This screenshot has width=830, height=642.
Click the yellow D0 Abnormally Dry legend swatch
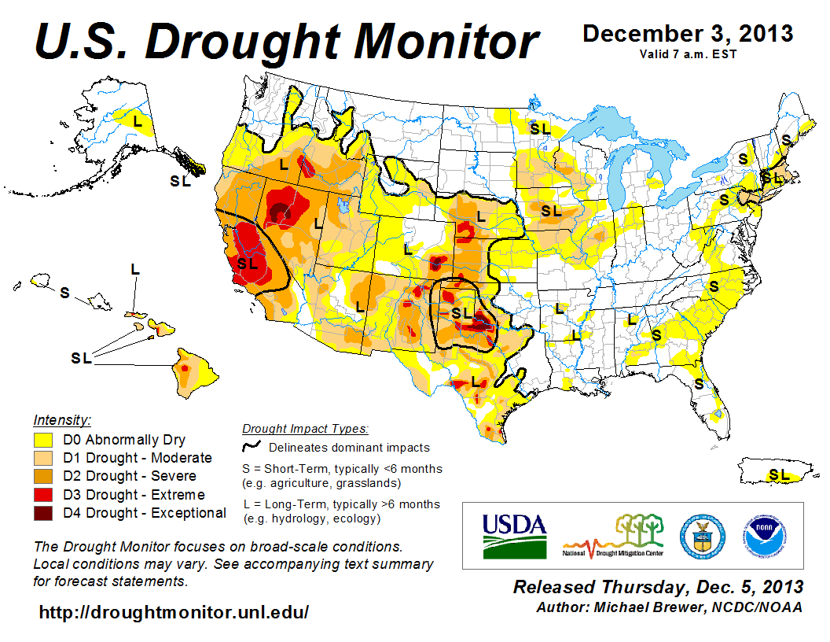coord(43,440)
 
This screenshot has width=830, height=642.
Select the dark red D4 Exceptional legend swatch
coord(43,513)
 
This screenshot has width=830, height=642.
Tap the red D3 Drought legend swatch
coord(43,495)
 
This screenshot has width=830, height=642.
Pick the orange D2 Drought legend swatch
coord(43,476)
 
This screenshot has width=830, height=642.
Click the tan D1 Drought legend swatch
coord(43,458)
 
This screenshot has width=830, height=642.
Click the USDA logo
coord(513,535)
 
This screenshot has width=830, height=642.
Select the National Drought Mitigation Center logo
coord(613,535)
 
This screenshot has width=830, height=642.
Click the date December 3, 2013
coord(687,35)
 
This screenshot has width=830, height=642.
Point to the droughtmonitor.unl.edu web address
coord(173,611)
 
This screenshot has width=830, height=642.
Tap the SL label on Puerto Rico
coord(779,474)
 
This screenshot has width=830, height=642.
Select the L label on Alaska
coord(137,121)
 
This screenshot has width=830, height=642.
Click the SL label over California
coord(248,264)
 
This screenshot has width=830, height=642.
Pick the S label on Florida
coord(699,384)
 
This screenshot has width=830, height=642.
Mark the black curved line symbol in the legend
coord(252,446)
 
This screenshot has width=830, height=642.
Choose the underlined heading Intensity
coord(63,420)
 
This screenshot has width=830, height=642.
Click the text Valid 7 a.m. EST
coord(687,53)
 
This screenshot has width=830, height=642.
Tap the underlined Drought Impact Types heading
coord(305,429)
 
